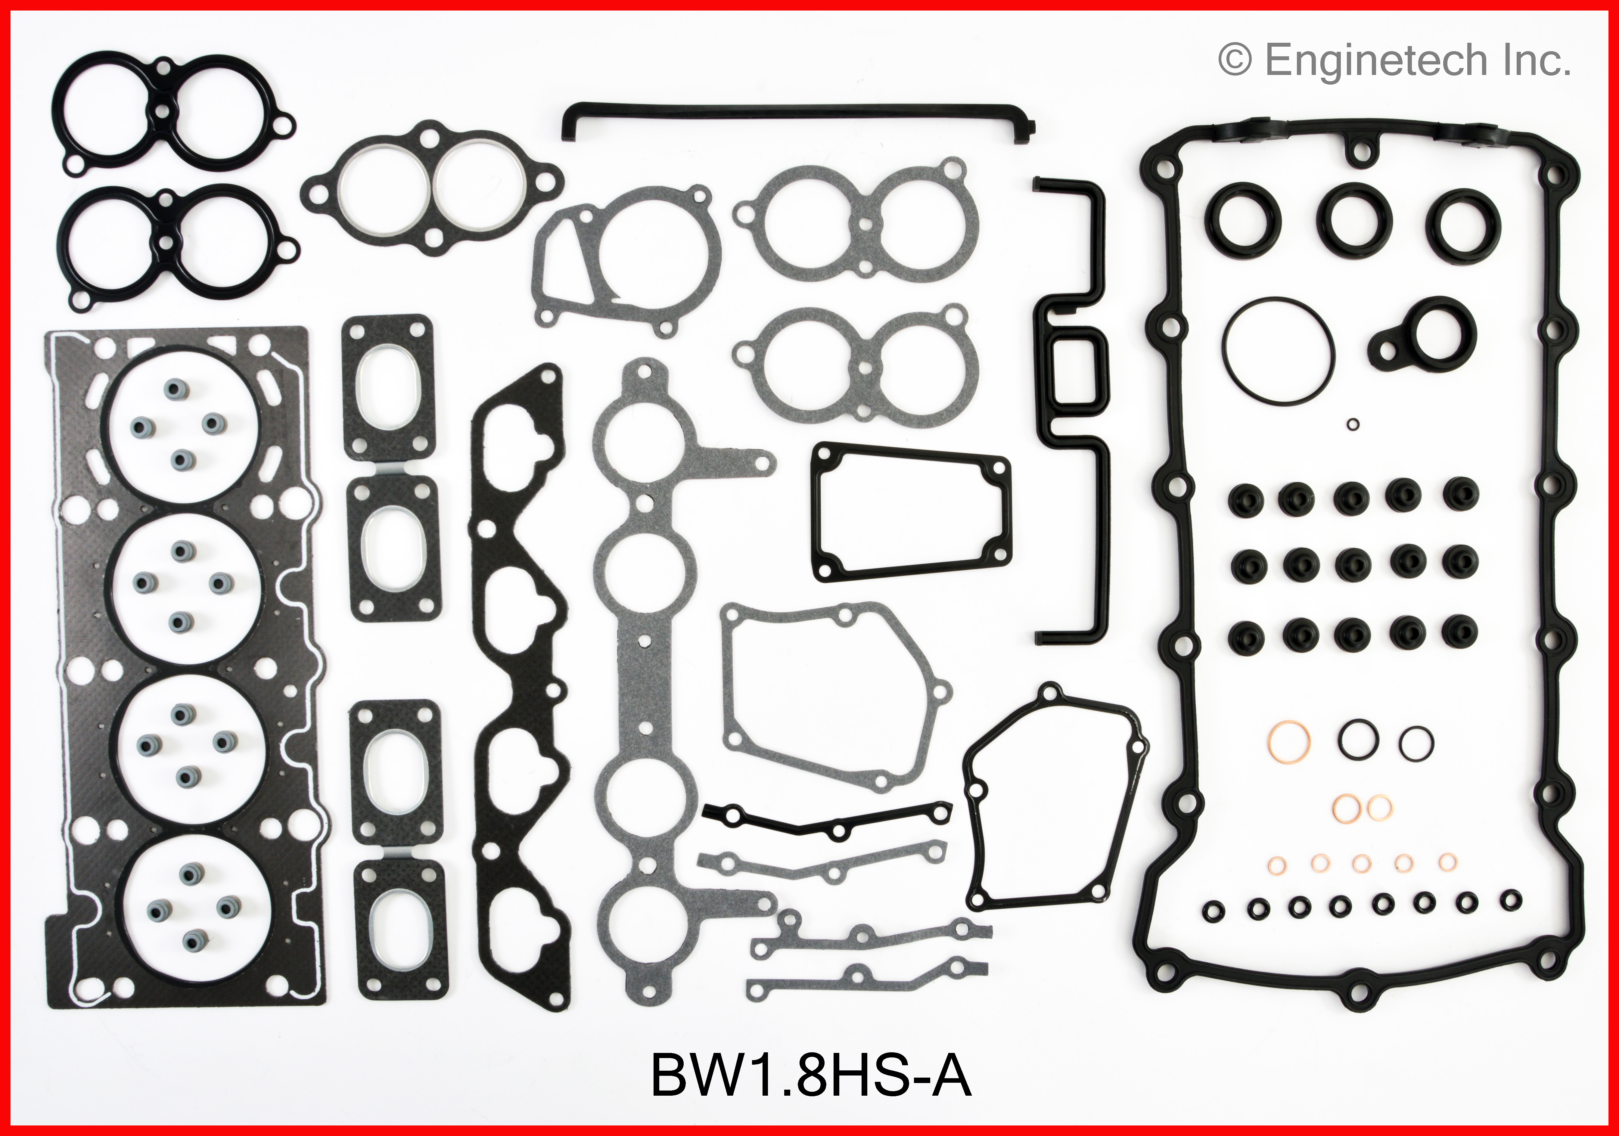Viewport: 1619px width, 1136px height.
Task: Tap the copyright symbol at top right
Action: [1235, 61]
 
